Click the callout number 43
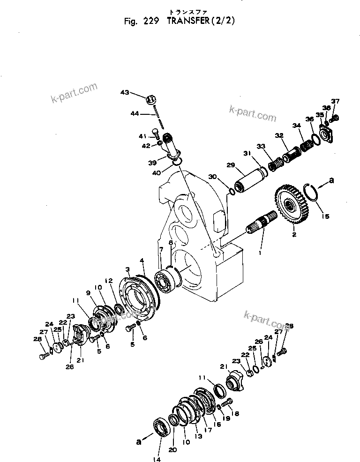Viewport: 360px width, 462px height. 125,93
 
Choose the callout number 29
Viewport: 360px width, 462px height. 230,165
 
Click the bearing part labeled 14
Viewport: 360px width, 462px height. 160,427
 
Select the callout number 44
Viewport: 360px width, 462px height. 135,113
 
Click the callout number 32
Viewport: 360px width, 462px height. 280,136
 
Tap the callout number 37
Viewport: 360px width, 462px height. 335,101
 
